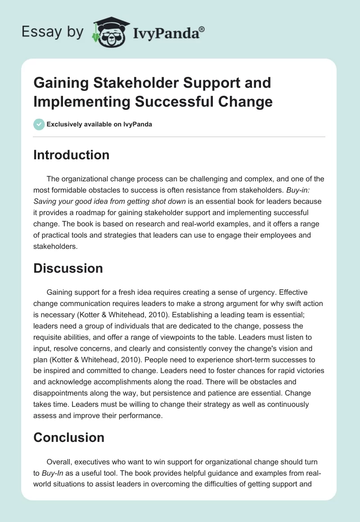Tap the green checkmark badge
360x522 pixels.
click(x=39, y=124)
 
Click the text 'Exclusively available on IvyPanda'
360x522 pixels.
click(x=99, y=125)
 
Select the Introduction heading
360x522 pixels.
click(x=72, y=155)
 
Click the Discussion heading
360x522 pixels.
click(x=68, y=268)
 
